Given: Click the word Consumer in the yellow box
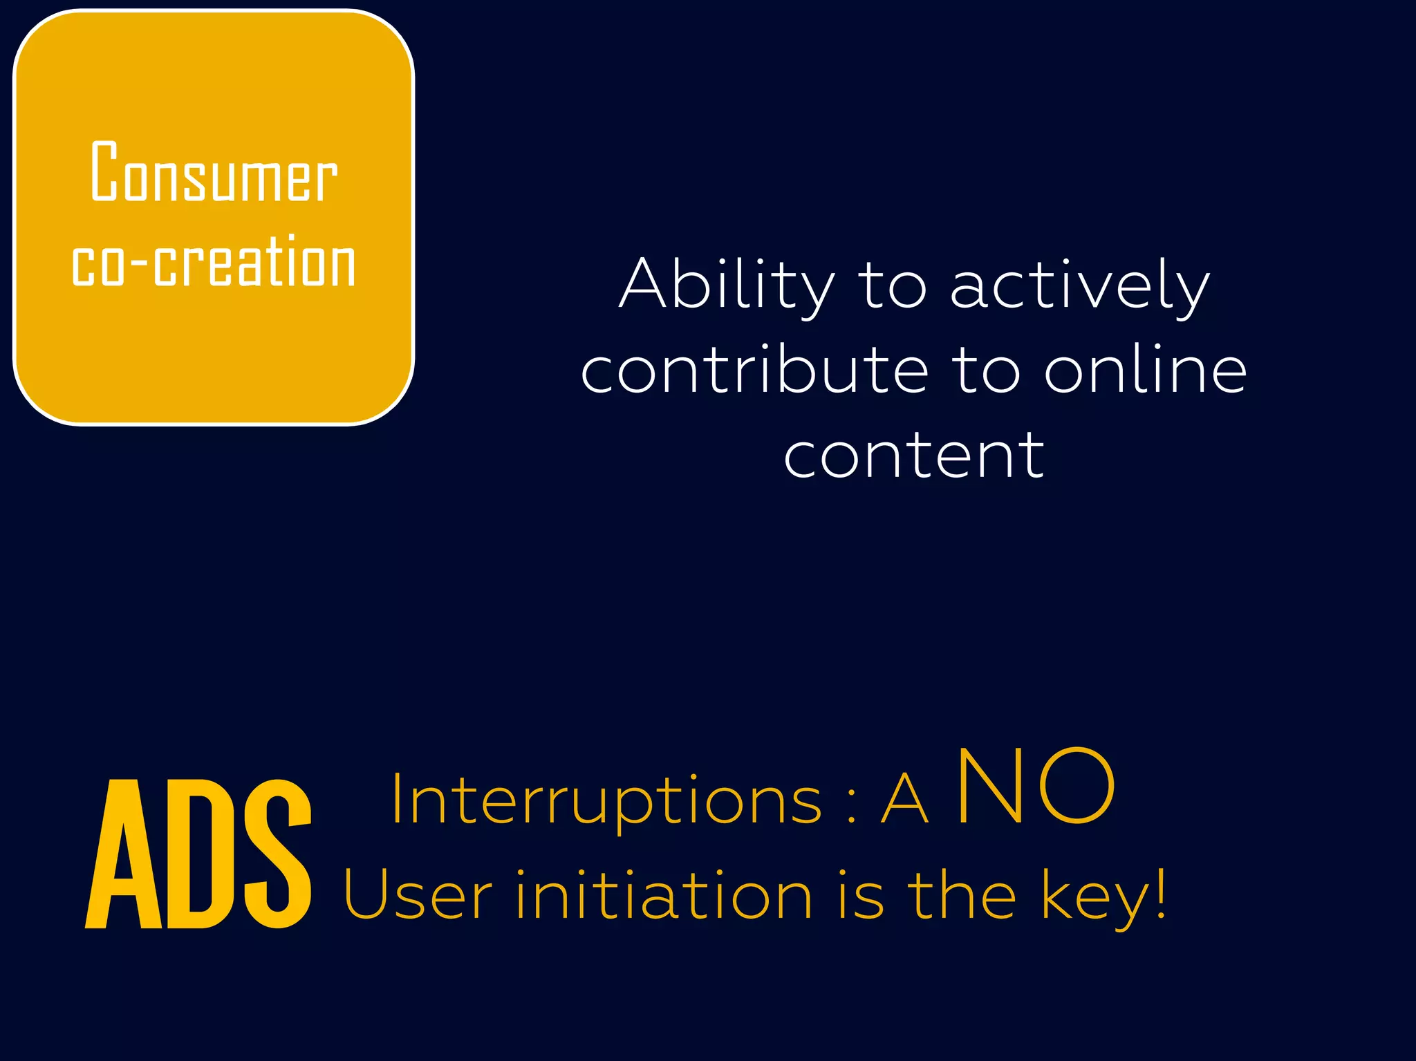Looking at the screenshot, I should pos(214,172).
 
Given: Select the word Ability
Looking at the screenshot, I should pos(727,285).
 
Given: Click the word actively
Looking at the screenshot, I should pos(1079,285).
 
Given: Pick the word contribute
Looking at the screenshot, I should pos(754,371).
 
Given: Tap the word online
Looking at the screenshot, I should pos(1145,371).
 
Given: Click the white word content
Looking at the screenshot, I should pos(913,456).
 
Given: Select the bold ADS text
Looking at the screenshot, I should pos(198,854).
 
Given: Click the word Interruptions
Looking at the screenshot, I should pos(606,800).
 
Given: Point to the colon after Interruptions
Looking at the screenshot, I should pos(851,806).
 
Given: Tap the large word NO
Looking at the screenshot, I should pos(1036,787).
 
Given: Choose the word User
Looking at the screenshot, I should pos(418,896).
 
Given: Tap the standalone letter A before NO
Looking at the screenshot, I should pos(904,800).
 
